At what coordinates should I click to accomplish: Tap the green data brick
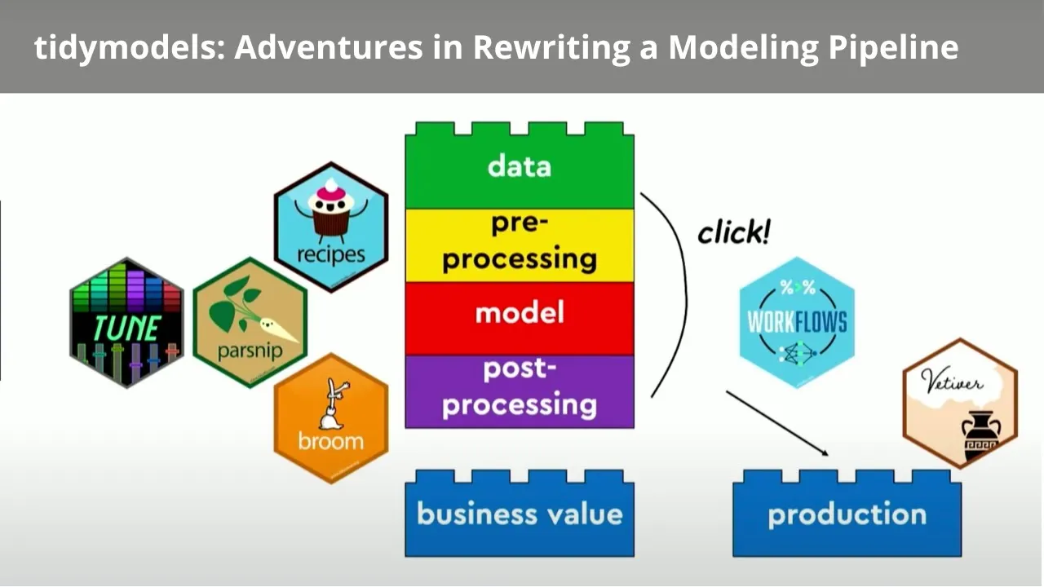click(x=519, y=166)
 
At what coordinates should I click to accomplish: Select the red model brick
click(x=519, y=314)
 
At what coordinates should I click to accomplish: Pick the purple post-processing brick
click(x=519, y=388)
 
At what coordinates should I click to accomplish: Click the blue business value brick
click(x=519, y=514)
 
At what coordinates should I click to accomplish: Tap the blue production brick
click(x=847, y=514)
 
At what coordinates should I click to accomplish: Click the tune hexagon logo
click(x=126, y=322)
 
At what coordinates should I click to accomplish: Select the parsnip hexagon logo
click(x=249, y=323)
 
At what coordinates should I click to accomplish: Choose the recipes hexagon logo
click(x=330, y=226)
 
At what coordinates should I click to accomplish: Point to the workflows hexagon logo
click(x=797, y=322)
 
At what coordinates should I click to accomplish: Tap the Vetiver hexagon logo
click(x=960, y=403)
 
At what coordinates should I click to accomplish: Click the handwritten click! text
click(x=733, y=233)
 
